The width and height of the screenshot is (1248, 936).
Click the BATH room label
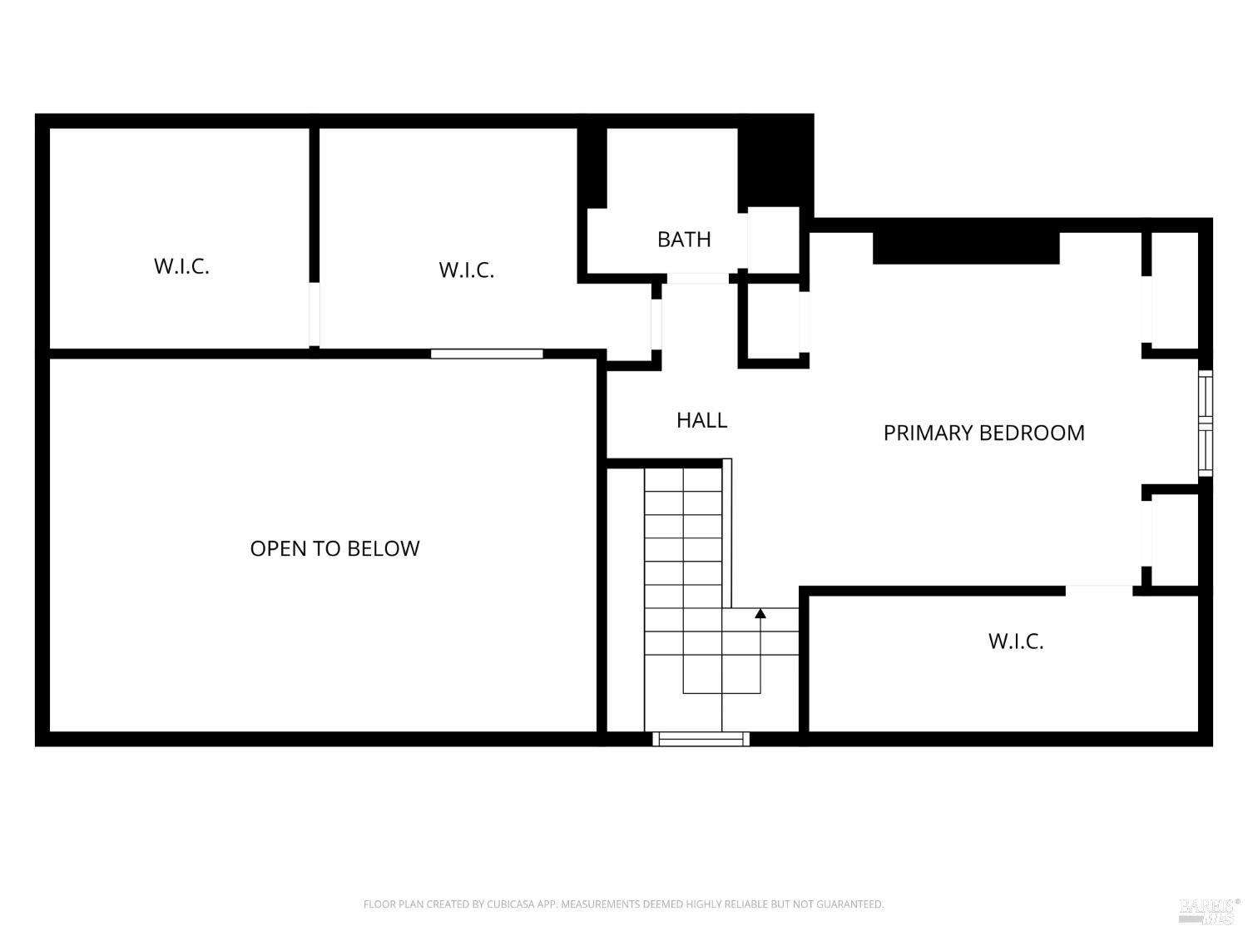[684, 240]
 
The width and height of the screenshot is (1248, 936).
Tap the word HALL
[701, 420]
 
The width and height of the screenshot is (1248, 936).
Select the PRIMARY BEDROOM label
[983, 433]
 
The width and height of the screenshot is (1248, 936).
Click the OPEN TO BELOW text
[334, 548]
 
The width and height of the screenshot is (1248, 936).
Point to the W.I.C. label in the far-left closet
[181, 266]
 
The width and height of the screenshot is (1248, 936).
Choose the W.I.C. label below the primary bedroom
[1015, 641]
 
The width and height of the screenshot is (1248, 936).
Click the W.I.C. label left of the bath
[466, 270]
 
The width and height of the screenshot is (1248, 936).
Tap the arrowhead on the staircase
[760, 614]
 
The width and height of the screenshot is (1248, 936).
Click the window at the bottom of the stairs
[701, 738]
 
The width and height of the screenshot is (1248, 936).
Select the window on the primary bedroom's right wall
[1205, 423]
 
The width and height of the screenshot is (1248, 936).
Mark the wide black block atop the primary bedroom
[965, 247]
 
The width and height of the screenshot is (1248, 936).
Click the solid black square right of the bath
[774, 162]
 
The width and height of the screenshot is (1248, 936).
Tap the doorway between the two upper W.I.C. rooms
[314, 314]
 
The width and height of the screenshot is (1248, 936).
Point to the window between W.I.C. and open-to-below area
[487, 354]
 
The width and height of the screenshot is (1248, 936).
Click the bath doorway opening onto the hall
[697, 278]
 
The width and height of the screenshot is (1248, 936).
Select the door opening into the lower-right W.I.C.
[1098, 591]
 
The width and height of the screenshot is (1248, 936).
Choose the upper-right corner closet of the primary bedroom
[1174, 291]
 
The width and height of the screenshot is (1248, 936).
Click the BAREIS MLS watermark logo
[1209, 910]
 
